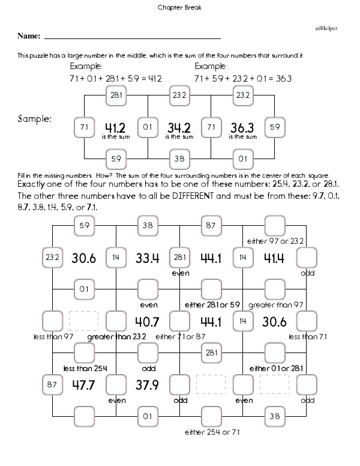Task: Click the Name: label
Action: pos(28,36)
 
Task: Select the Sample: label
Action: pos(34,119)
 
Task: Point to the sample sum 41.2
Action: pos(115,127)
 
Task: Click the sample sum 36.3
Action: pos(242,127)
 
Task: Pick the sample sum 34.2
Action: pos(179,127)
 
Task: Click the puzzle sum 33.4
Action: pos(147,258)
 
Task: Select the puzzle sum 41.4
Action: pos(273,258)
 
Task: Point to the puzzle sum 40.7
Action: pos(147,321)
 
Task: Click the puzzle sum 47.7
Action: pos(84,384)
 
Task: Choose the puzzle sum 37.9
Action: pos(147,384)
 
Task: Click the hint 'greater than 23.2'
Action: pos(116,337)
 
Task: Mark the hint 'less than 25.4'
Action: pos(84,368)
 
